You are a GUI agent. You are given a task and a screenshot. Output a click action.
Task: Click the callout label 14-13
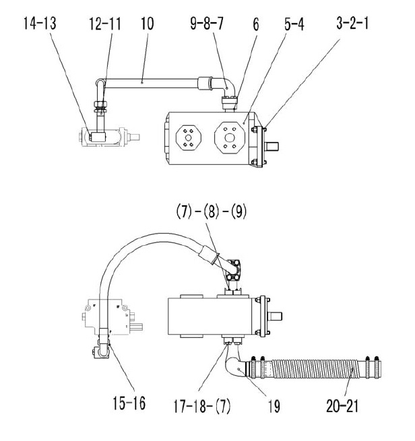click(x=40, y=24)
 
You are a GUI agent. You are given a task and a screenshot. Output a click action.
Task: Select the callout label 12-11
click(x=105, y=24)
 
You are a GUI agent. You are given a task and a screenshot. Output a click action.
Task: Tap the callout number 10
click(x=147, y=24)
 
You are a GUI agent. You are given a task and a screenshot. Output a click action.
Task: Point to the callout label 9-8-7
click(x=207, y=24)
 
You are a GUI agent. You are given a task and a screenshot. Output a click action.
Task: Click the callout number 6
click(x=256, y=24)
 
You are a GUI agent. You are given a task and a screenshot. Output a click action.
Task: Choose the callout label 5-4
click(x=294, y=24)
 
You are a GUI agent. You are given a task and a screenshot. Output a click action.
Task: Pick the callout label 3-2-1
click(x=352, y=23)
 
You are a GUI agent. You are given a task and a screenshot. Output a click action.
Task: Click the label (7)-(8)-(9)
click(x=212, y=211)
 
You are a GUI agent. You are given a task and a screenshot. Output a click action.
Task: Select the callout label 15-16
click(x=129, y=403)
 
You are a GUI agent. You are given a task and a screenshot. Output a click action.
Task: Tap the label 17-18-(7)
click(x=201, y=406)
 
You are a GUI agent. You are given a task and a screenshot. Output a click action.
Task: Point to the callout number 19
click(x=274, y=406)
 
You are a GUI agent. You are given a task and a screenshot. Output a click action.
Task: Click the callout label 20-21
click(x=342, y=406)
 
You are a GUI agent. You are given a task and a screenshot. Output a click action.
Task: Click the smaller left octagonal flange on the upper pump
click(x=189, y=138)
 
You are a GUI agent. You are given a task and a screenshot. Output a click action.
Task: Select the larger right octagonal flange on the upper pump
click(x=230, y=138)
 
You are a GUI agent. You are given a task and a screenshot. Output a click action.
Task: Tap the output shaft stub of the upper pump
click(x=272, y=145)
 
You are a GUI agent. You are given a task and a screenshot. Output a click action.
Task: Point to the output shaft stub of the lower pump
click(x=275, y=316)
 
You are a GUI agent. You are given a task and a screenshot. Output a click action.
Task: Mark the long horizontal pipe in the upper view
click(x=150, y=83)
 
